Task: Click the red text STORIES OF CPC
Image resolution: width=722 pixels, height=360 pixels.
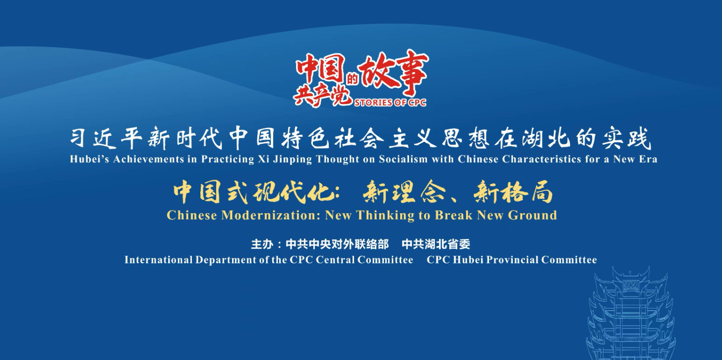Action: pos(390,103)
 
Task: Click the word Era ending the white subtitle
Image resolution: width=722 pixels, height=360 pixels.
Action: pos(647,159)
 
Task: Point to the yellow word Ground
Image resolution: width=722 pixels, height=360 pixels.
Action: pos(533,215)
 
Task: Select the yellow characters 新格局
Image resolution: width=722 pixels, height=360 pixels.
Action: pos(513,193)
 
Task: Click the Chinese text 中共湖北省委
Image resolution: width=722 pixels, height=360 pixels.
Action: pos(436,244)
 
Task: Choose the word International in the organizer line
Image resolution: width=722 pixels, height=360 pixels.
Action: pos(159,260)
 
